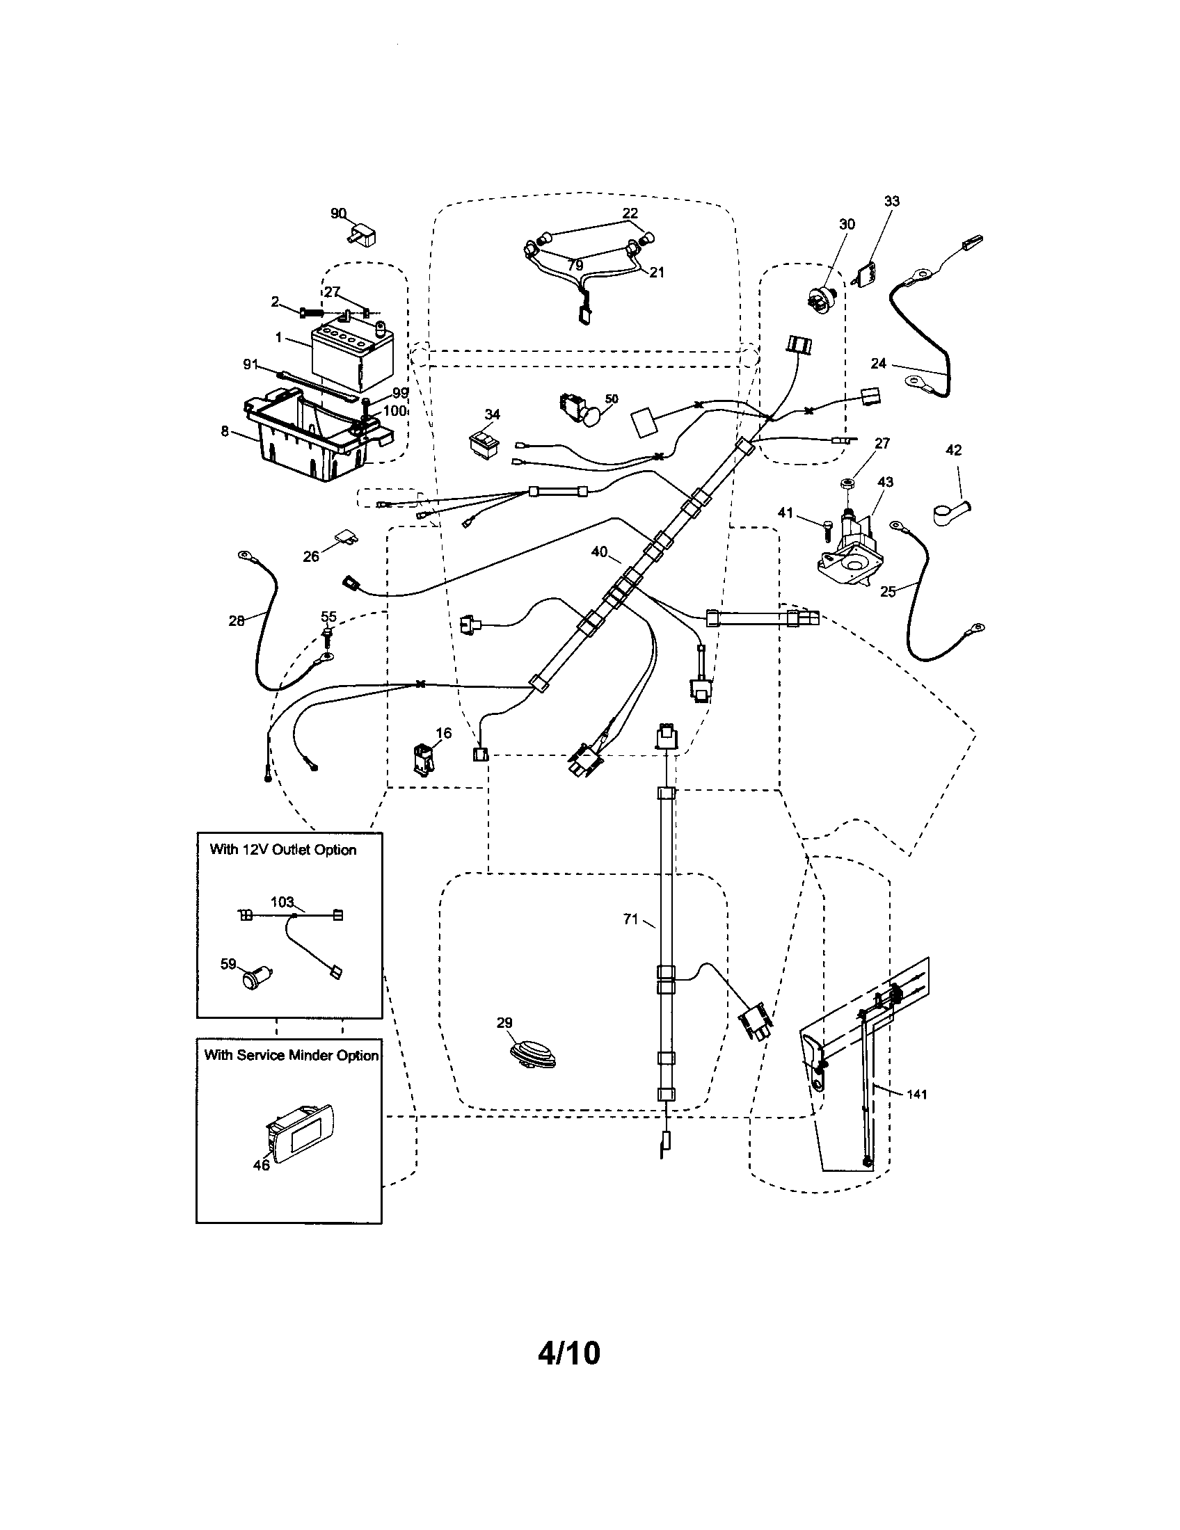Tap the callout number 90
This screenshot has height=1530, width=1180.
(x=338, y=212)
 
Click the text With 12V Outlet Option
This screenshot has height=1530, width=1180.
(x=283, y=850)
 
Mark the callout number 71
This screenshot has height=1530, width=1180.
(x=630, y=919)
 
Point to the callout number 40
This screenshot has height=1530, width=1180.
(x=599, y=552)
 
